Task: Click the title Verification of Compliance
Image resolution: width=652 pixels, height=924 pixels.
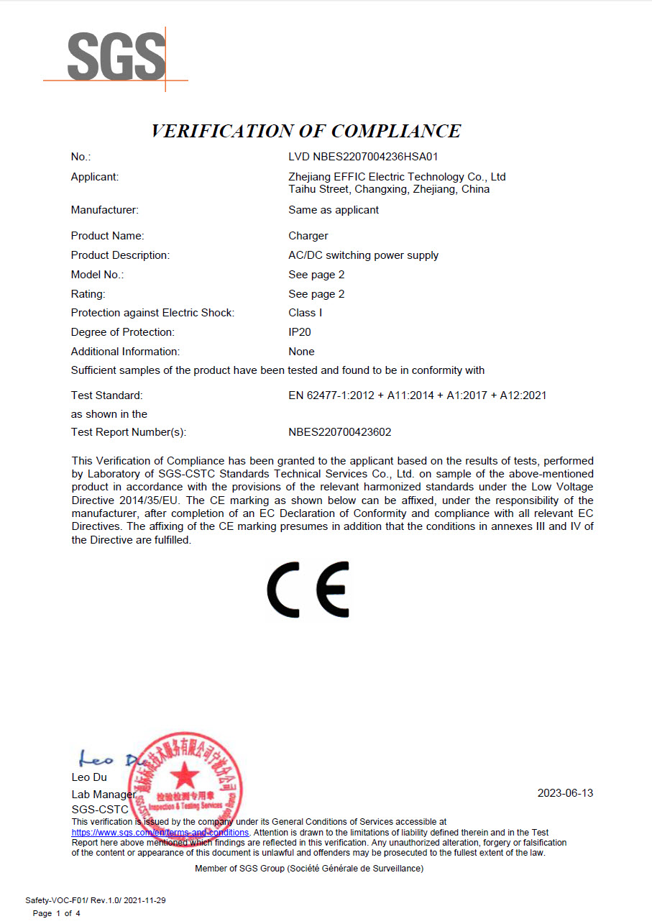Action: pyautogui.click(x=306, y=131)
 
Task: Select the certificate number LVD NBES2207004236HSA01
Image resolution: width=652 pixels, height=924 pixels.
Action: pyautogui.click(x=363, y=157)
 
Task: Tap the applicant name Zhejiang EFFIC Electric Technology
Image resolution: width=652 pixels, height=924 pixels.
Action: pyautogui.click(x=397, y=177)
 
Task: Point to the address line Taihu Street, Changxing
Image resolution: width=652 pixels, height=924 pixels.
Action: pyautogui.click(x=389, y=190)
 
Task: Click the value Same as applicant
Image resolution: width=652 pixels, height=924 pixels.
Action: pyautogui.click(x=334, y=210)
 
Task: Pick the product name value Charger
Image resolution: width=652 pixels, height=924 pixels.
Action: pyautogui.click(x=308, y=236)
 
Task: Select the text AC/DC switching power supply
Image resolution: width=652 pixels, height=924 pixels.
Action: pyautogui.click(x=363, y=255)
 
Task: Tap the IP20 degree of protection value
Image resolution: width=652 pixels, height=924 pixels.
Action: pyautogui.click(x=300, y=332)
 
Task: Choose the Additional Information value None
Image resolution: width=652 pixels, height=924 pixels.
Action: pyautogui.click(x=301, y=352)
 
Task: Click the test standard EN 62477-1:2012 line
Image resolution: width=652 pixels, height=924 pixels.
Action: pyautogui.click(x=417, y=395)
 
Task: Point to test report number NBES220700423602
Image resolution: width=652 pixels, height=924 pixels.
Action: pyautogui.click(x=339, y=432)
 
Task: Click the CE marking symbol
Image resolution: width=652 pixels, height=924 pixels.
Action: pyautogui.click(x=308, y=590)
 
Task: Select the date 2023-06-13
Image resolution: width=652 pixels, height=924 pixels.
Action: pyautogui.click(x=565, y=793)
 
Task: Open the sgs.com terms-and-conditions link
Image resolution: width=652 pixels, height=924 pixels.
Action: pyautogui.click(x=160, y=832)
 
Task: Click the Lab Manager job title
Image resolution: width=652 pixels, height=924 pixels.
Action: pyautogui.click(x=103, y=795)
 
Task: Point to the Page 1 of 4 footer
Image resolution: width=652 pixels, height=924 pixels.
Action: pyautogui.click(x=57, y=913)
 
